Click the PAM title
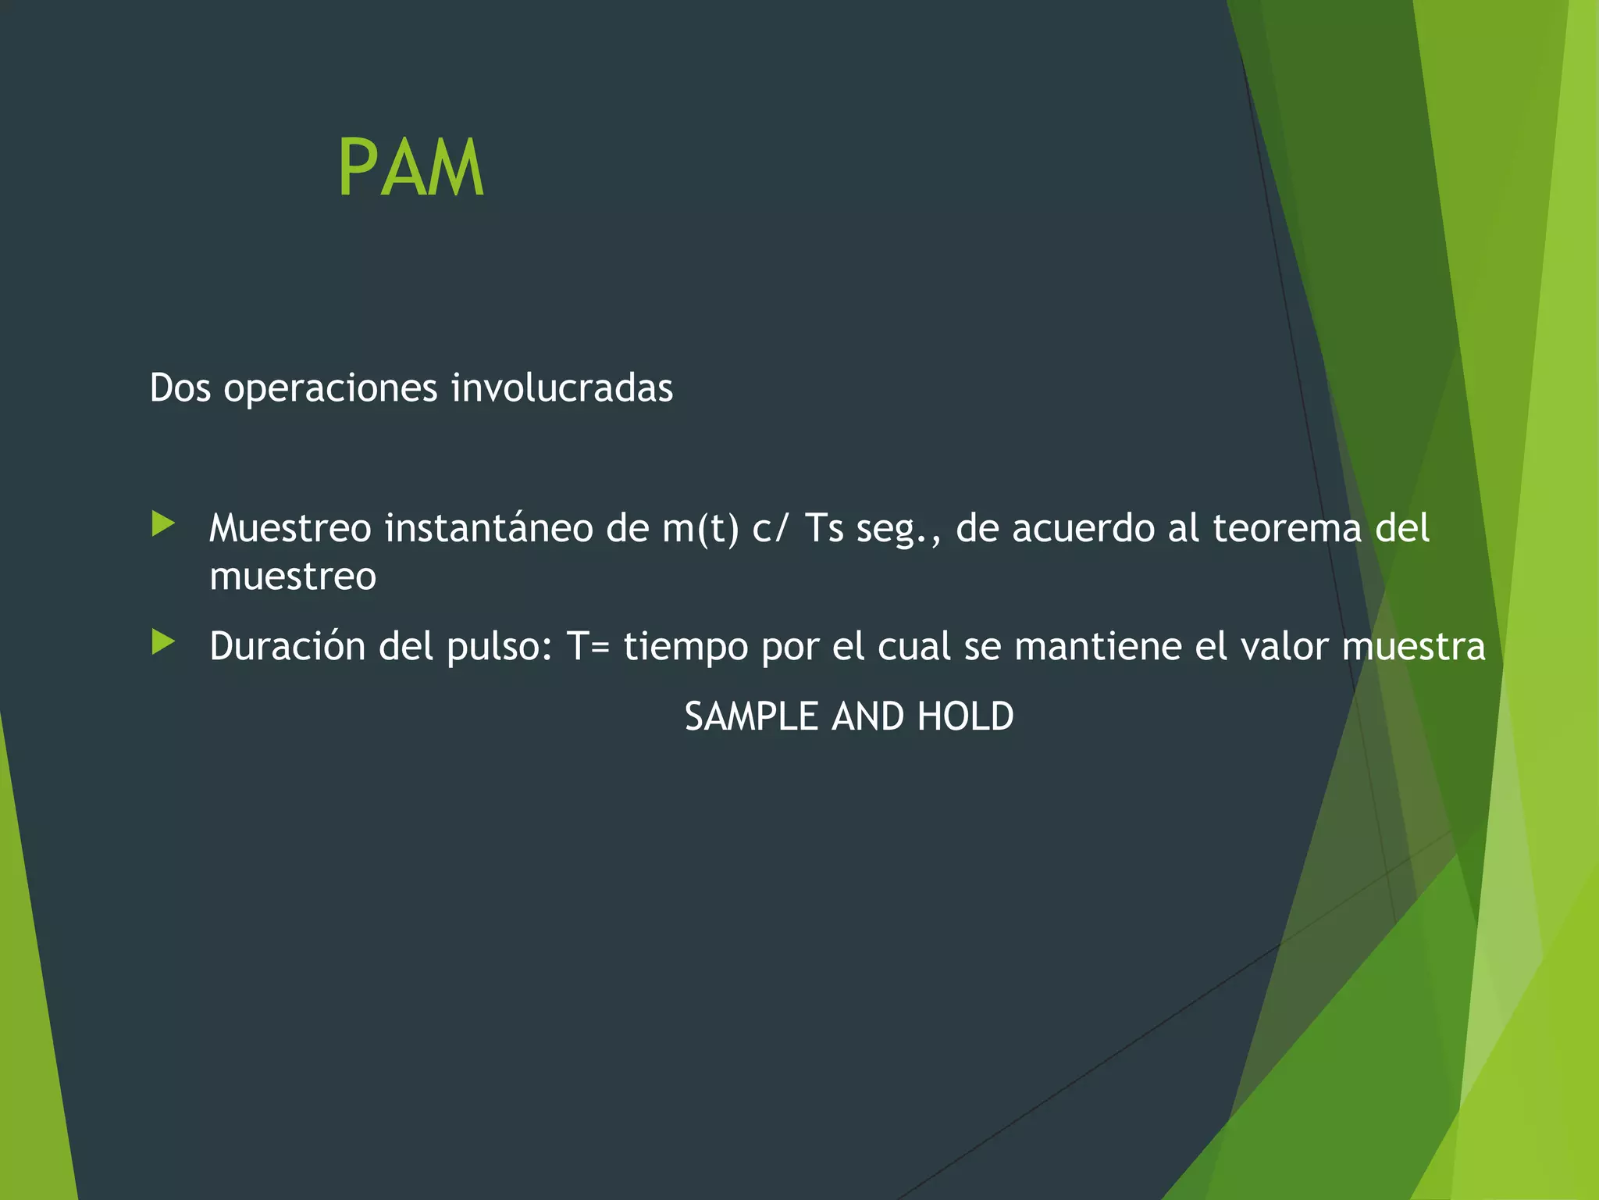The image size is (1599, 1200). click(x=411, y=168)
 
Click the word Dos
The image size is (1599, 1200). click(x=180, y=388)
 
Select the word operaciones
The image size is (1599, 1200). click(x=330, y=388)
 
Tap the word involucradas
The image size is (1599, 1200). click(x=561, y=388)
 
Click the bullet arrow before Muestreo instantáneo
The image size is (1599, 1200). click(x=163, y=523)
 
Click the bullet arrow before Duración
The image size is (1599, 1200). click(x=163, y=642)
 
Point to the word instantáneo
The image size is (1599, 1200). click(x=489, y=528)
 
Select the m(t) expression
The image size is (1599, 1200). click(x=700, y=528)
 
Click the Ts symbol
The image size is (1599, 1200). click(x=824, y=528)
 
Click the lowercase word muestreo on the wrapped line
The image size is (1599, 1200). click(x=293, y=577)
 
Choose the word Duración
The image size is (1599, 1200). click(x=287, y=647)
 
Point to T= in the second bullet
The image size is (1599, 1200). click(x=588, y=647)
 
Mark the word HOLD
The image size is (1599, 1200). click(x=965, y=716)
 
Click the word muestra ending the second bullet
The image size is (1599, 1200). click(x=1413, y=647)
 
